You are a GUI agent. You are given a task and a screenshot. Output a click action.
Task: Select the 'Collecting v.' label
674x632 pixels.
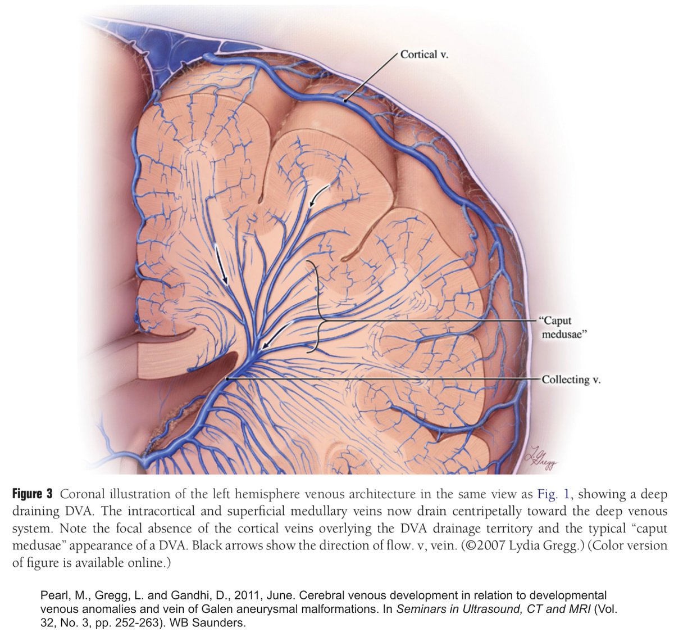571,380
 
